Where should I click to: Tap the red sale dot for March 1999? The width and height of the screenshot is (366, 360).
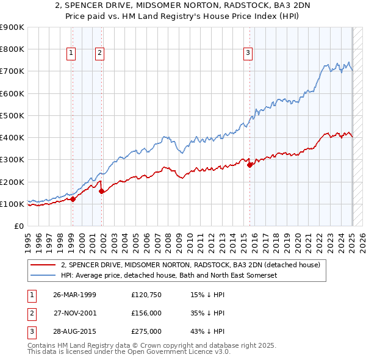click(x=73, y=199)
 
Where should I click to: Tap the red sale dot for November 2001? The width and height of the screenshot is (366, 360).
click(x=101, y=192)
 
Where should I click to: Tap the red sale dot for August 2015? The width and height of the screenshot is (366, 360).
click(x=249, y=165)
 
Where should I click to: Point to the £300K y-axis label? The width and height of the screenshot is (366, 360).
click(x=12, y=160)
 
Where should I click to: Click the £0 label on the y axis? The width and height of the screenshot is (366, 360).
click(x=18, y=226)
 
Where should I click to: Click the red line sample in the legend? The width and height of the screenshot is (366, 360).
click(x=43, y=265)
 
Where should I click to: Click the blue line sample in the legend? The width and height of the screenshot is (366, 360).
click(x=43, y=276)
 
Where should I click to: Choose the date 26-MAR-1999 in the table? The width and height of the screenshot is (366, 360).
click(x=75, y=295)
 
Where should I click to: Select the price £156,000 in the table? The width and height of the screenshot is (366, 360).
click(x=146, y=313)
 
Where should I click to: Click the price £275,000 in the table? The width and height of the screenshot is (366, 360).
click(x=146, y=331)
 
